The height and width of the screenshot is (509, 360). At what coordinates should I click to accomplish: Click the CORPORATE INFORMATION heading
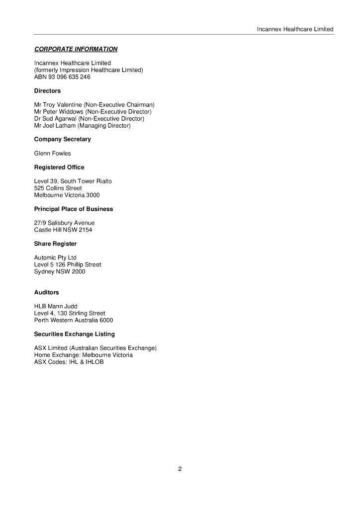coord(76,49)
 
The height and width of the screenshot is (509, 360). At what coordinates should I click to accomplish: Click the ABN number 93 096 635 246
coord(69,77)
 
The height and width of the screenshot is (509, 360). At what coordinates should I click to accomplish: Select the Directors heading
coord(47,91)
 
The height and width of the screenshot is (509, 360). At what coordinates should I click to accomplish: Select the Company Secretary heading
coord(62,140)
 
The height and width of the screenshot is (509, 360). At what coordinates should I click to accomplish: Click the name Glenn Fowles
coord(52,154)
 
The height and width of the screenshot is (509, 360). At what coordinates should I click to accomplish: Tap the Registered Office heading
coord(59,168)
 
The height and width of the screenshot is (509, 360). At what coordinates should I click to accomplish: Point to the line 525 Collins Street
coord(58,188)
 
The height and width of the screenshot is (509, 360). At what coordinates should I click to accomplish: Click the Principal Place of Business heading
coord(73,209)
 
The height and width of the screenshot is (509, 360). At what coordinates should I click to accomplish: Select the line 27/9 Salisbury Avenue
coord(64,223)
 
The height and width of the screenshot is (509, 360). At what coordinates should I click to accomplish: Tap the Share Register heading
coord(55,244)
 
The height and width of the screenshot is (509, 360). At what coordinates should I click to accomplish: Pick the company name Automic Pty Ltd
coord(55,258)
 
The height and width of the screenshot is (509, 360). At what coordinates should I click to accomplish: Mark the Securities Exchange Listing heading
coord(74,334)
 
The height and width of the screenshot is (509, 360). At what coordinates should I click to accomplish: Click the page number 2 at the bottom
coord(180,469)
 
